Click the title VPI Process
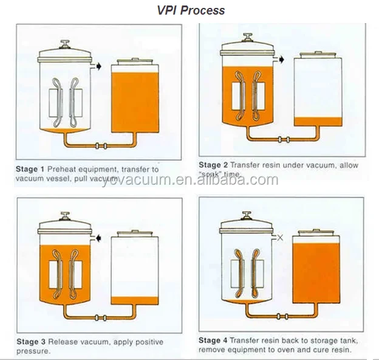(189, 10)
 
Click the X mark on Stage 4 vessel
(280, 238)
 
